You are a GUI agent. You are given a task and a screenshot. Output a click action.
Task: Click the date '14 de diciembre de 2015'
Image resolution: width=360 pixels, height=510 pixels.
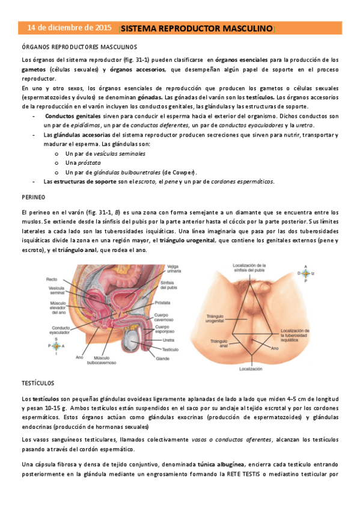coord(69,28)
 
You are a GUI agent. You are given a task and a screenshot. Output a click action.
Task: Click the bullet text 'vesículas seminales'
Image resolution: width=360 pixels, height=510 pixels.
coord(118,153)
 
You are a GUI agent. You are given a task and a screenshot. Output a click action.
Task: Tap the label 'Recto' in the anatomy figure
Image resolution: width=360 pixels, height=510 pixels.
coord(53,280)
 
